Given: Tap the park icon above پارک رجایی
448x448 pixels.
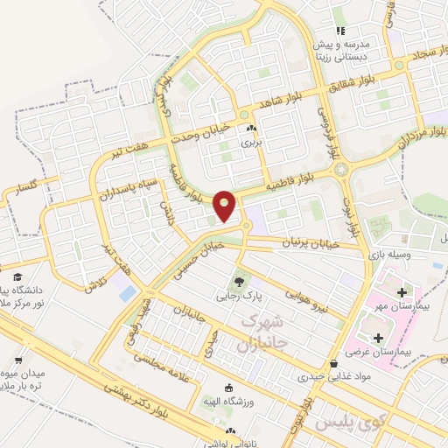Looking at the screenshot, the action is (x=237, y=282).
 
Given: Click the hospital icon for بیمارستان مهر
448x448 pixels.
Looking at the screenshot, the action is (x=401, y=291).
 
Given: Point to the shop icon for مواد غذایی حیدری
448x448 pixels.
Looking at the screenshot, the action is (x=333, y=363).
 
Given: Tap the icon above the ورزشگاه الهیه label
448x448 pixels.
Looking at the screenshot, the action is (x=229, y=388).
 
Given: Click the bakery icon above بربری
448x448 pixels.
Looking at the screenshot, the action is (x=253, y=129).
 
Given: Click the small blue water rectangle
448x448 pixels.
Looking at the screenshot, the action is (x=128, y=293).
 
